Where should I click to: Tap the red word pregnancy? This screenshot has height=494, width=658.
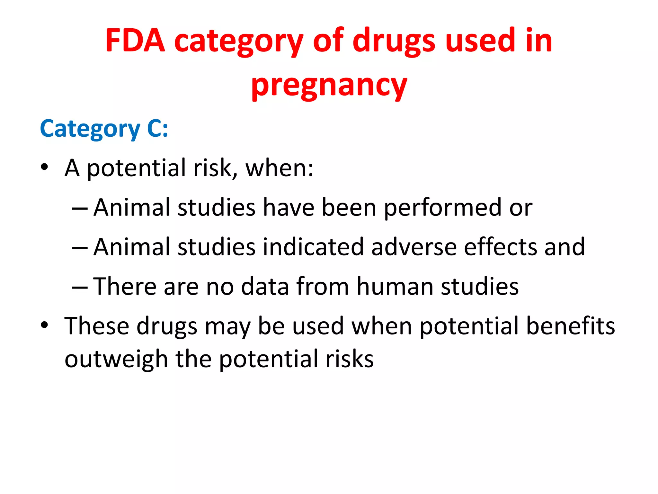[329, 85]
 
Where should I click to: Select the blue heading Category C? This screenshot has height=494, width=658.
[104, 128]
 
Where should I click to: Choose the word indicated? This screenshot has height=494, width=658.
[313, 247]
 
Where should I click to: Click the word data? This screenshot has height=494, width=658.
[265, 286]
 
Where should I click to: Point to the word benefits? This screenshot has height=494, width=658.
[571, 326]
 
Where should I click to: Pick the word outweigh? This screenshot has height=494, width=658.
[116, 359]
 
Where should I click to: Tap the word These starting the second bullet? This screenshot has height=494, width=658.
[97, 326]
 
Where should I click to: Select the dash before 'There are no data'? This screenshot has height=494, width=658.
[80, 286]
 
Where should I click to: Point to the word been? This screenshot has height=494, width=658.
[349, 208]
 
